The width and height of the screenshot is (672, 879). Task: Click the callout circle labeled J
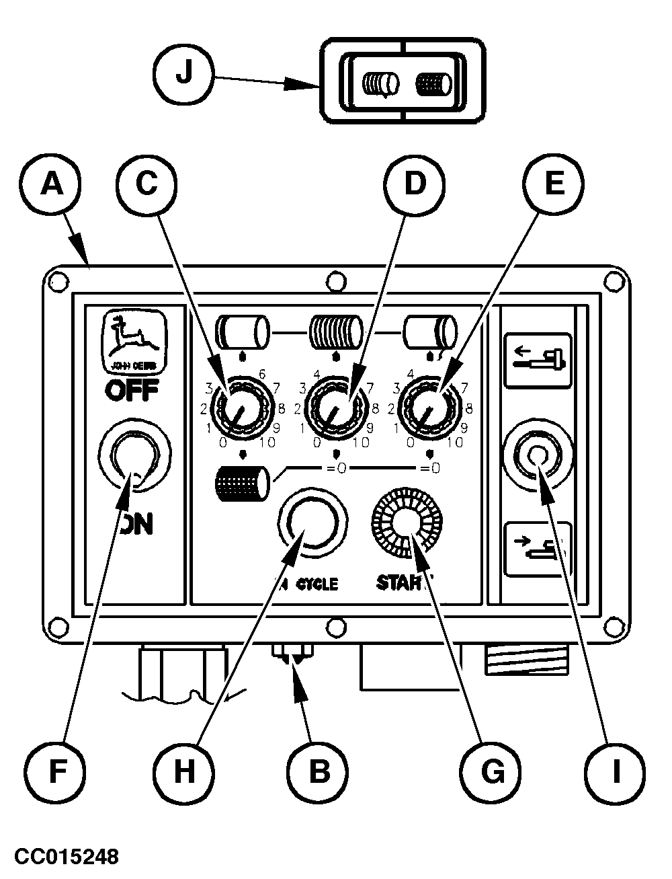point(183,74)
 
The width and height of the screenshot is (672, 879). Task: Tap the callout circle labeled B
point(319,771)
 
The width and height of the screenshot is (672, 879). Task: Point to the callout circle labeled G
point(493,771)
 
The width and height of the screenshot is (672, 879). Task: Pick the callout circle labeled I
point(615,771)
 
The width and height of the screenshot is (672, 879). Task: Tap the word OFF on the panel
point(131,389)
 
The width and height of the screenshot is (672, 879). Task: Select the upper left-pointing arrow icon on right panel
point(538,359)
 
